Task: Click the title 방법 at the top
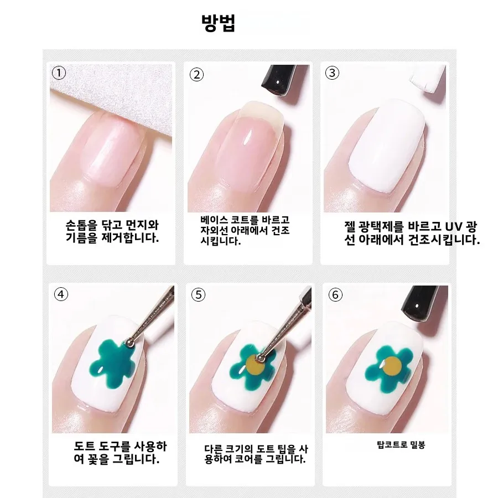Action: pos(219,23)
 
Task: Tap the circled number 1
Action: pos(59,73)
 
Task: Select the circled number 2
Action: pos(196,75)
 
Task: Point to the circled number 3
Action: pos(332,73)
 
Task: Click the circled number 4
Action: pos(61,294)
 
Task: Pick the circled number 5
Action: pos(198,295)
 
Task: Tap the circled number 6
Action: pos(335,295)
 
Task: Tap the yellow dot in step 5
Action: pos(255,365)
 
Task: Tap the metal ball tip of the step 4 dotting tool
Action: pos(129,343)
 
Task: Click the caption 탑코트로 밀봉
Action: pos(401,444)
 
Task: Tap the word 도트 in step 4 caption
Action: pos(85,446)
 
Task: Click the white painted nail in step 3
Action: pos(387,146)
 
